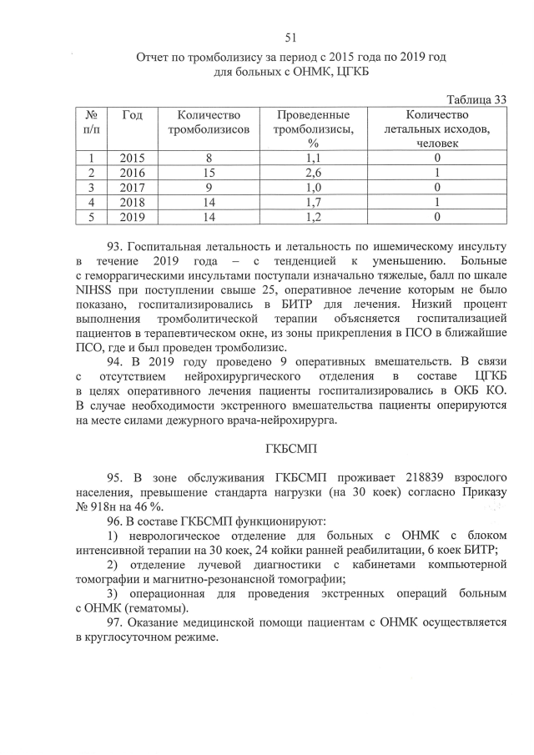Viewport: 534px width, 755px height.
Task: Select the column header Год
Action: click(132, 114)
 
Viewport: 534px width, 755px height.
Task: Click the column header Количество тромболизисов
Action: click(209, 122)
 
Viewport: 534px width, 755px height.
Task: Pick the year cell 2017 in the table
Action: click(132, 187)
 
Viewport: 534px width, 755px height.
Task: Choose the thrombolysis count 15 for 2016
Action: click(209, 172)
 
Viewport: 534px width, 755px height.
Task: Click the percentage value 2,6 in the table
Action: click(314, 172)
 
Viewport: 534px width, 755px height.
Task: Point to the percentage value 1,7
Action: click(314, 202)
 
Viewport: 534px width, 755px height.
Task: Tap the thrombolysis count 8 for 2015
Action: click(209, 158)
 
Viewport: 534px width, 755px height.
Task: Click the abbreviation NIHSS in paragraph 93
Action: click(97, 291)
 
